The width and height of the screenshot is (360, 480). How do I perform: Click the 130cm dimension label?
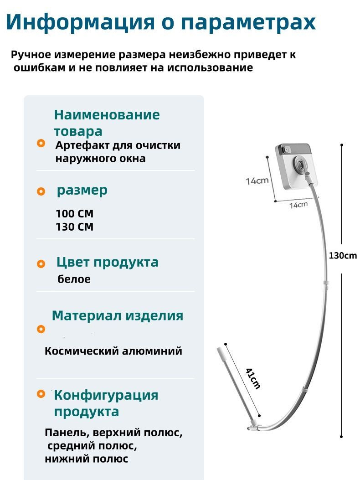point(343,255)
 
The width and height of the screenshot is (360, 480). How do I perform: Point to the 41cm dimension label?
point(253,378)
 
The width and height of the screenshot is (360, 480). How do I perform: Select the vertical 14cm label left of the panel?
point(257,181)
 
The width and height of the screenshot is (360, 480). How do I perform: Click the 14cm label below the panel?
point(298,205)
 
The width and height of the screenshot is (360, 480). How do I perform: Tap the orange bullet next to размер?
point(41,191)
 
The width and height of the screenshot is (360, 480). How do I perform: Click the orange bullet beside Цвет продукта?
point(41,263)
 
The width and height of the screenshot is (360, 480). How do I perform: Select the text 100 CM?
point(74,213)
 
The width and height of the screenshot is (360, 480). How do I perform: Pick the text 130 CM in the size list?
point(74,227)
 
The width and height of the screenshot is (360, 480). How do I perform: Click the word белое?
point(74,279)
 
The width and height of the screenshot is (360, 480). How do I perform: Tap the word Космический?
point(82,351)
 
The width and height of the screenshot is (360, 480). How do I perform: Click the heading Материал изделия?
point(118,315)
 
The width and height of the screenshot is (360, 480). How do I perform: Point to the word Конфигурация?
point(106,395)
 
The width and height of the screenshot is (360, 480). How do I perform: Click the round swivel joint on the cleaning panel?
point(300,164)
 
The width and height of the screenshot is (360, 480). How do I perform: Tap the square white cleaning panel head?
point(296,166)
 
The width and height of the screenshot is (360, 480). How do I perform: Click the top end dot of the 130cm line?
point(342,145)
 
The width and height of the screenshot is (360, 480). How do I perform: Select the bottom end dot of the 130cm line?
point(342,437)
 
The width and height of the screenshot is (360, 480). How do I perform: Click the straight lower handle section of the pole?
point(236,388)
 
